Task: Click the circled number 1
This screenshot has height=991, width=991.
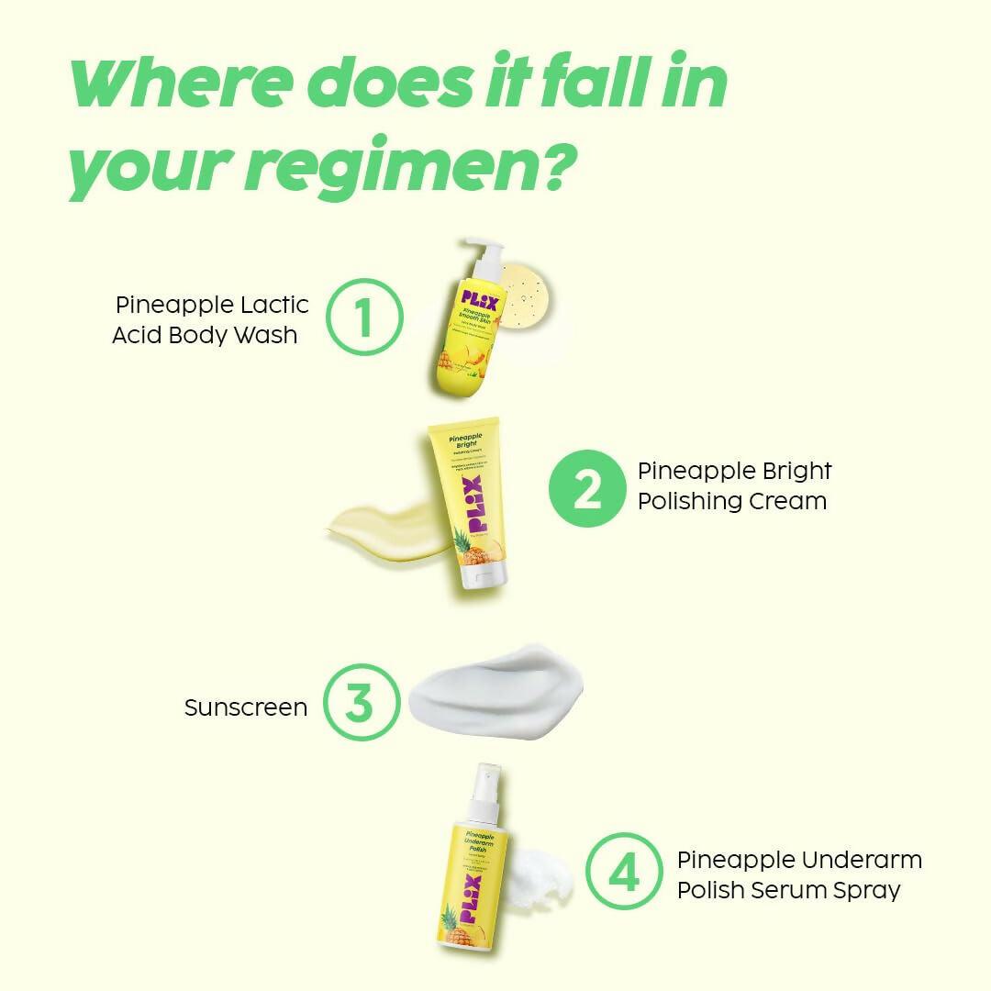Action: tap(364, 317)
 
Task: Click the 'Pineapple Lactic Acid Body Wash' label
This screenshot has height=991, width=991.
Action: tap(210, 319)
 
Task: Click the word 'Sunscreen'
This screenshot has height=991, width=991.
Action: tap(246, 707)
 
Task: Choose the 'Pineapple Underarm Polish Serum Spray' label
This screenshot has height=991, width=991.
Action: tap(799, 874)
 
